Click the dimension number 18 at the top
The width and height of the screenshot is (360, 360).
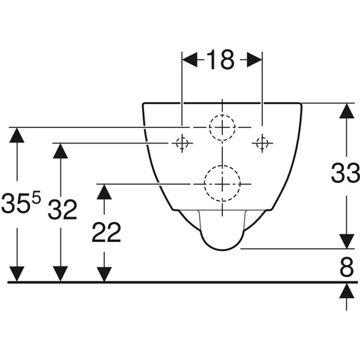pyautogui.click(x=221, y=60)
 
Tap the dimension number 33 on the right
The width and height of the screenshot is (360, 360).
pyautogui.click(x=345, y=173)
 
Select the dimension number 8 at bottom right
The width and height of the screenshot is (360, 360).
pyautogui.click(x=347, y=266)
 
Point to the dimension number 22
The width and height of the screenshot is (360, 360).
pyautogui.click(x=106, y=232)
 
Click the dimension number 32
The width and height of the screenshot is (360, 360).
pyautogui.click(x=63, y=210)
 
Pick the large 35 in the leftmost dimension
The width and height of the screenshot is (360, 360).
pyautogui.click(x=15, y=203)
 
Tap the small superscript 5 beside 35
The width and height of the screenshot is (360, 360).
pyautogui.click(x=37, y=197)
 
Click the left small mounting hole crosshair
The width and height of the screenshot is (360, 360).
pyautogui.click(x=182, y=143)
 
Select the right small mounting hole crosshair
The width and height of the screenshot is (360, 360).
pyautogui.click(x=262, y=143)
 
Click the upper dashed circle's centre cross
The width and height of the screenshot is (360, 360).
pyautogui.click(x=222, y=127)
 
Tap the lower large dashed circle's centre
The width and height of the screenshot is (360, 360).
pyautogui.click(x=222, y=184)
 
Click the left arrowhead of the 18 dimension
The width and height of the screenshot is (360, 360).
pyautogui.click(x=190, y=60)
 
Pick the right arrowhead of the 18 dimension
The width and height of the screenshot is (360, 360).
pyautogui.click(x=255, y=60)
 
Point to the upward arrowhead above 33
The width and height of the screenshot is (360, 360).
pyautogui.click(x=347, y=110)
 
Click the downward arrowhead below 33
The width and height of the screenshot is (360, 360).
pyautogui.click(x=347, y=241)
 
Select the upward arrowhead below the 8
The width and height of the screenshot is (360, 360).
pyautogui.click(x=347, y=291)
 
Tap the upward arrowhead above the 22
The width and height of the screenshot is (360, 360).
pyautogui.click(x=104, y=192)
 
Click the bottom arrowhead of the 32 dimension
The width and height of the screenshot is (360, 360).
pyautogui.click(x=60, y=274)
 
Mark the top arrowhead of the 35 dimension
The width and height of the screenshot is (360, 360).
pyautogui.click(x=17, y=135)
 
